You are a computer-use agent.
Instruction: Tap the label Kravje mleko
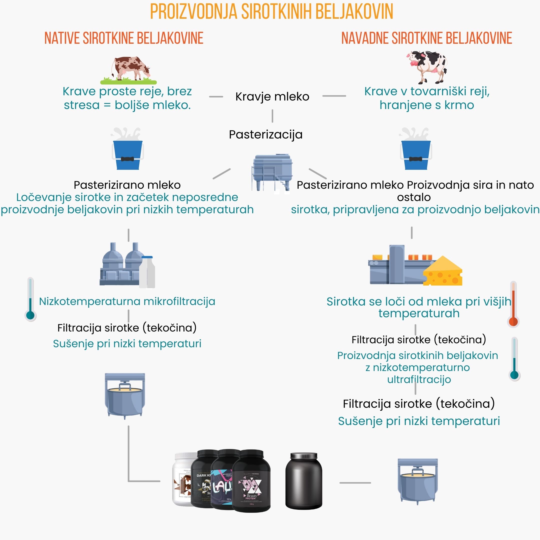click(272, 97)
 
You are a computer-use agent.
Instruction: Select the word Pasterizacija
click(265, 135)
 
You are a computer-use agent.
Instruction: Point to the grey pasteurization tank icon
click(272, 172)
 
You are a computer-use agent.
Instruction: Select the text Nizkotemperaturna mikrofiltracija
click(127, 301)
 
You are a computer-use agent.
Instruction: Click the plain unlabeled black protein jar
click(304, 481)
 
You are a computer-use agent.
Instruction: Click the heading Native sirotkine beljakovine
click(124, 38)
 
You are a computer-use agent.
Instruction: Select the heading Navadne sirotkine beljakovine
click(426, 38)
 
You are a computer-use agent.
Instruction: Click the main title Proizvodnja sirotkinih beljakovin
click(271, 11)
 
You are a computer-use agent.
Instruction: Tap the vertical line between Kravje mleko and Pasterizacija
click(272, 116)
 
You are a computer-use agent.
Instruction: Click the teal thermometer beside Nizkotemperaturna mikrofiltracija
click(30, 299)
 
